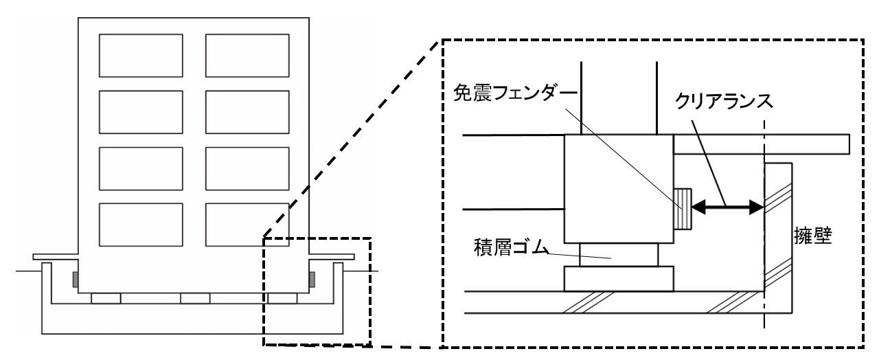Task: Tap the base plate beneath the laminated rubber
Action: [x=619, y=278]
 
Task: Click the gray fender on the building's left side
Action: [x=74, y=280]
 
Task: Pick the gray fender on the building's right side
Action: [x=312, y=279]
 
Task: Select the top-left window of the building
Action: [x=141, y=55]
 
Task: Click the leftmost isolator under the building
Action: [x=106, y=298]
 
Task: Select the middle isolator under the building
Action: [x=195, y=298]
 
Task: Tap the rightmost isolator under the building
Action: [x=283, y=298]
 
